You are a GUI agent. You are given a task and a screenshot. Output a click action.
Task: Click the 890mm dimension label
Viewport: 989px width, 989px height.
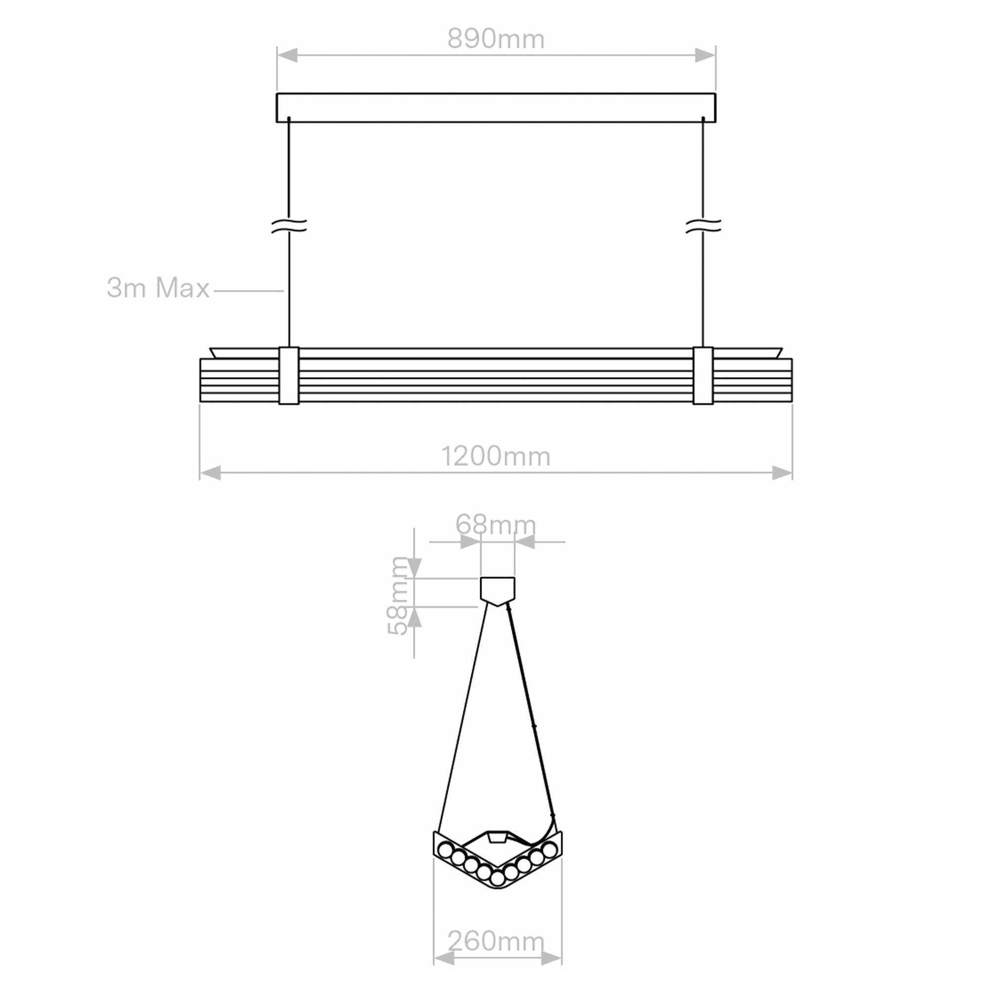495,39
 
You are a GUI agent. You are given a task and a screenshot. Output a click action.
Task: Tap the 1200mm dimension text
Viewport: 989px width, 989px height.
495,456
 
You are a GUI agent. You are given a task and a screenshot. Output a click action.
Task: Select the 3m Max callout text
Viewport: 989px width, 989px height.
158,288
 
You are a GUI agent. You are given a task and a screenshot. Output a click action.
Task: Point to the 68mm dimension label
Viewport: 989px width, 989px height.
495,525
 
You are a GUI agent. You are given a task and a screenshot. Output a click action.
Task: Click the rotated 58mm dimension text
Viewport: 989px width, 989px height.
398,596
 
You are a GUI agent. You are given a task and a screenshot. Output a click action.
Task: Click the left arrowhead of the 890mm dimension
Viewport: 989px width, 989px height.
288,55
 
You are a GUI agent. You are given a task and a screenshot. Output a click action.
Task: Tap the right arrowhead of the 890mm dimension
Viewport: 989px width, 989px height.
704,55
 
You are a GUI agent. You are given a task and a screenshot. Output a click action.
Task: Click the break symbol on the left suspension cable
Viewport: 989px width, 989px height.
289,226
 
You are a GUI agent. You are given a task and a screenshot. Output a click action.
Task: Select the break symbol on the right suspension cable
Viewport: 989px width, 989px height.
703,226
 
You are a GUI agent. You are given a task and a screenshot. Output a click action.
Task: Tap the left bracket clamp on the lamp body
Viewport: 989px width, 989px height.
289,376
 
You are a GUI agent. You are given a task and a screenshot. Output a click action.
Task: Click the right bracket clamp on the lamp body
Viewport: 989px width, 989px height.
703,376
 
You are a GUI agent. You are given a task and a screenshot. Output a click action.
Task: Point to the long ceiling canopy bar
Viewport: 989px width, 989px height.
495,107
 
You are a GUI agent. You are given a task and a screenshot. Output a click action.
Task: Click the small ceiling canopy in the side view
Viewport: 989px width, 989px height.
497,590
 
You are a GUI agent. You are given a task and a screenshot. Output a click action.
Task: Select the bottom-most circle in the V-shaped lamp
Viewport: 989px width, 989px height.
497,878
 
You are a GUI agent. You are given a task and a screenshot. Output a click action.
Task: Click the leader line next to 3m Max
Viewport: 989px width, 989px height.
249,291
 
